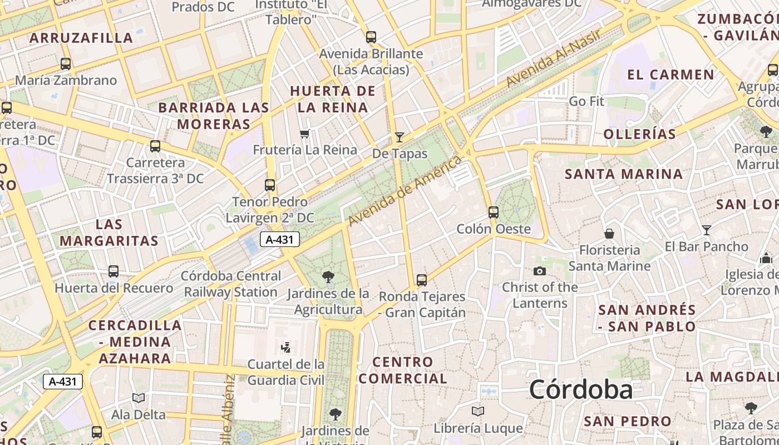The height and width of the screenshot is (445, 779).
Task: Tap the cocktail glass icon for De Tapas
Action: (x=399, y=137)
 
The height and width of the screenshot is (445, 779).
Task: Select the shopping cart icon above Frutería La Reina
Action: (x=304, y=133)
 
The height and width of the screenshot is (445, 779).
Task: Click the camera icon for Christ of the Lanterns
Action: (x=539, y=271)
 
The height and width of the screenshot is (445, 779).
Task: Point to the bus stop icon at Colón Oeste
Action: (x=493, y=212)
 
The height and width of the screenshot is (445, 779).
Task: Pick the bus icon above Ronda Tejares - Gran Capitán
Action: (x=422, y=280)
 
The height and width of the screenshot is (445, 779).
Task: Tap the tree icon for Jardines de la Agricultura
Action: (x=328, y=276)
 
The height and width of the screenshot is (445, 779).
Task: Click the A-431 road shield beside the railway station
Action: (x=280, y=240)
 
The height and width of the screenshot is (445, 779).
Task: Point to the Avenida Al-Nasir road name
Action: (x=553, y=58)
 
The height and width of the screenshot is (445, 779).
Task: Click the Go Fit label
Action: (x=586, y=101)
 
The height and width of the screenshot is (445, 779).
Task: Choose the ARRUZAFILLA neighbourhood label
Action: (x=81, y=38)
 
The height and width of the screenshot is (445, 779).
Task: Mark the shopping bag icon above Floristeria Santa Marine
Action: (x=609, y=233)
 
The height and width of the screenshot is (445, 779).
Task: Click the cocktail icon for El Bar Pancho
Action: (x=706, y=230)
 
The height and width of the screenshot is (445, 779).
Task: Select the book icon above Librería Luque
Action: (x=478, y=411)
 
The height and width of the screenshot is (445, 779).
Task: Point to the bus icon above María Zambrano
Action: (x=66, y=64)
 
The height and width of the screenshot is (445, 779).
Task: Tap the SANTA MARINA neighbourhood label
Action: (x=624, y=174)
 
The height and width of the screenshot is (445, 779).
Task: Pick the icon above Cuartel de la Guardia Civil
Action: (x=286, y=348)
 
